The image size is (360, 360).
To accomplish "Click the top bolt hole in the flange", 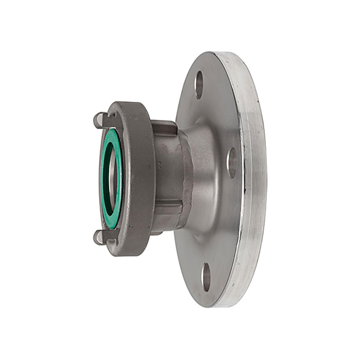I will (x=199, y=85).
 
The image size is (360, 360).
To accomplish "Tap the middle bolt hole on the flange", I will (x=232, y=163).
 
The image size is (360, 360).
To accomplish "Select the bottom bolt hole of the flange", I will (x=206, y=277).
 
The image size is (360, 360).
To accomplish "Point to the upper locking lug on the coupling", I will (x=100, y=120).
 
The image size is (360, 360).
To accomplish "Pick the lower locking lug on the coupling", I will (x=99, y=237).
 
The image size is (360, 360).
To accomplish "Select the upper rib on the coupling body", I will (x=164, y=127).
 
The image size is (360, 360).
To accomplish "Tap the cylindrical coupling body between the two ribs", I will (x=167, y=170).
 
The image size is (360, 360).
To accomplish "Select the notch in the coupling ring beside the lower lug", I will (x=111, y=236).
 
